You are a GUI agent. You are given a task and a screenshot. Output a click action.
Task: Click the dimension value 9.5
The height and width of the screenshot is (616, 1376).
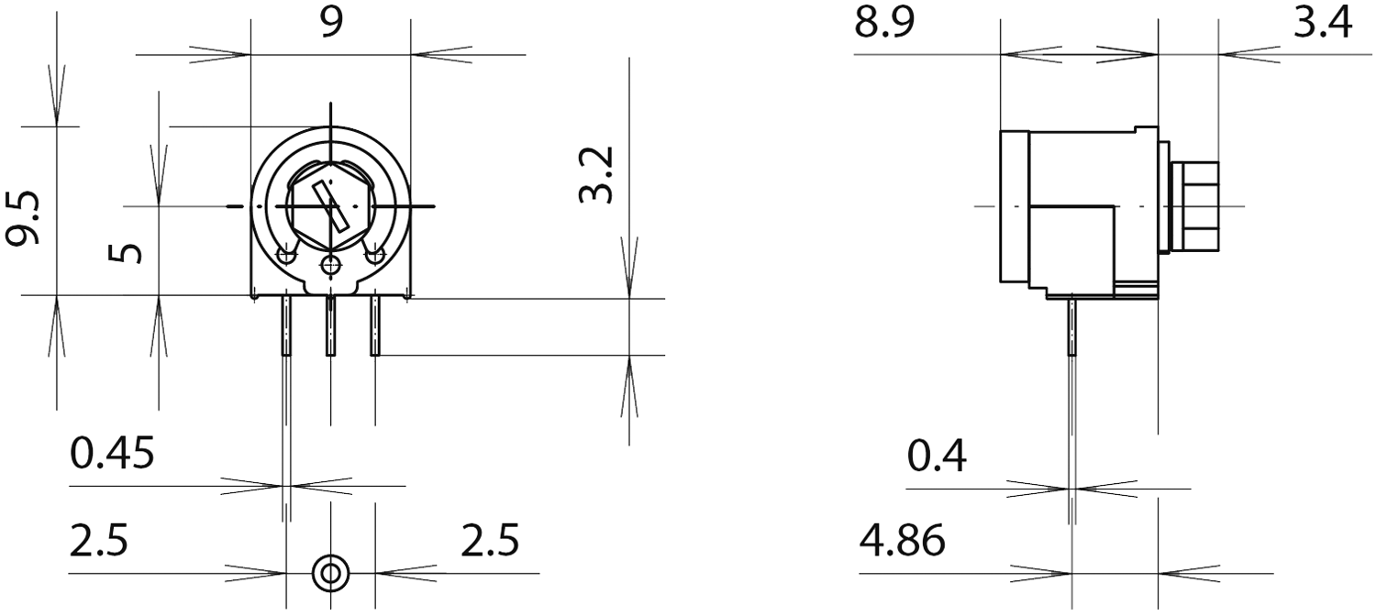point(22,218)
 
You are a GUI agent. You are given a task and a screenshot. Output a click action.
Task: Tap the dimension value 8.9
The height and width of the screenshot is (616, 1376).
point(884,22)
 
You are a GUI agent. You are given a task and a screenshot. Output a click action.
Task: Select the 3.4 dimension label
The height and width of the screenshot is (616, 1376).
point(1323,22)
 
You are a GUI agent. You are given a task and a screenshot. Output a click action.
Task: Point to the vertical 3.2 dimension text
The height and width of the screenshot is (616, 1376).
point(596,174)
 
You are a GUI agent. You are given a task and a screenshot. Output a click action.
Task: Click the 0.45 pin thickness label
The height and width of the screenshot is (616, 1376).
point(112,454)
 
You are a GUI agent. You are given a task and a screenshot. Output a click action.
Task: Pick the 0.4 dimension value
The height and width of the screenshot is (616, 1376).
point(937,456)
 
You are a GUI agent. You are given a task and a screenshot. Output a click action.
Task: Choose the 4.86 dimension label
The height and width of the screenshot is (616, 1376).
point(902,541)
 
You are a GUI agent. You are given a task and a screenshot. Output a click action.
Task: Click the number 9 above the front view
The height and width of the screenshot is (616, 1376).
point(331,23)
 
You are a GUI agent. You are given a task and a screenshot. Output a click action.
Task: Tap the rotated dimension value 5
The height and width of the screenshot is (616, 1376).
point(126,253)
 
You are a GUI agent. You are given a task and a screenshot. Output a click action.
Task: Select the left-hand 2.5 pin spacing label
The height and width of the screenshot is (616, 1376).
point(99,541)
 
